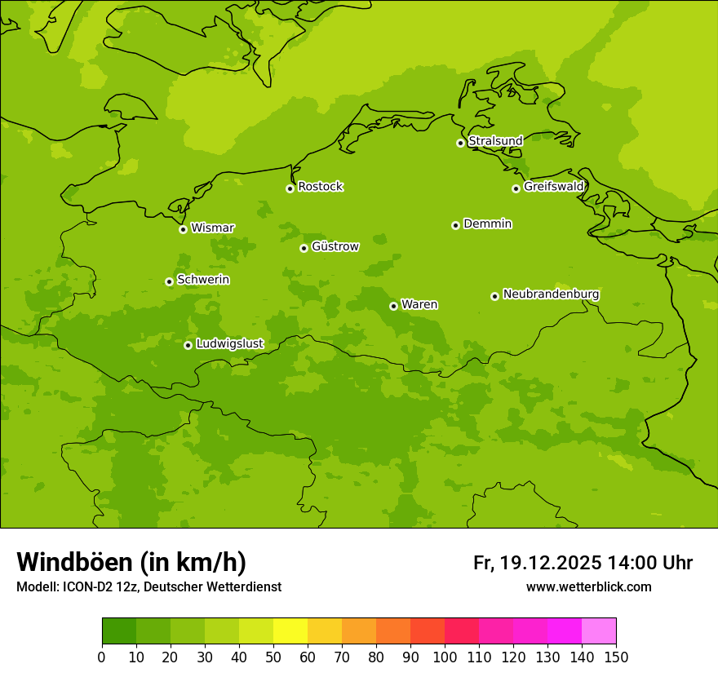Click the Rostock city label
pyautogui.click(x=320, y=187)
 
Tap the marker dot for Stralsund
pyautogui.click(x=460, y=143)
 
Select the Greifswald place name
pyautogui.click(x=554, y=187)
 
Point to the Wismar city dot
pyautogui.click(x=183, y=229)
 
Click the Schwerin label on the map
pyautogui.click(x=203, y=280)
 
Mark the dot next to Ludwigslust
pyautogui.click(x=188, y=345)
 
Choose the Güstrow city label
pyautogui.click(x=335, y=246)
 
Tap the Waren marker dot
pyautogui.click(x=393, y=306)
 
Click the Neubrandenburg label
pyautogui.click(x=551, y=294)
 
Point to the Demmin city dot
pyautogui.click(x=455, y=225)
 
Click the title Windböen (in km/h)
pyautogui.click(x=131, y=562)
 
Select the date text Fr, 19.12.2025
pyautogui.click(x=538, y=563)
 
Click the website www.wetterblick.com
pyautogui.click(x=588, y=587)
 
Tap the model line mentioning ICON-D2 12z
pyautogui.click(x=148, y=587)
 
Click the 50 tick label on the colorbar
pyautogui.click(x=273, y=657)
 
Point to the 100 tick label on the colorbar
pyautogui.click(x=445, y=657)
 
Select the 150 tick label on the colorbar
pyautogui.click(x=616, y=657)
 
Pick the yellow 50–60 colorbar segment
pyautogui.click(x=290, y=631)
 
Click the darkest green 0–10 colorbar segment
pyautogui.click(x=119, y=631)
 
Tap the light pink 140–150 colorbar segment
pyautogui.click(x=599, y=631)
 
